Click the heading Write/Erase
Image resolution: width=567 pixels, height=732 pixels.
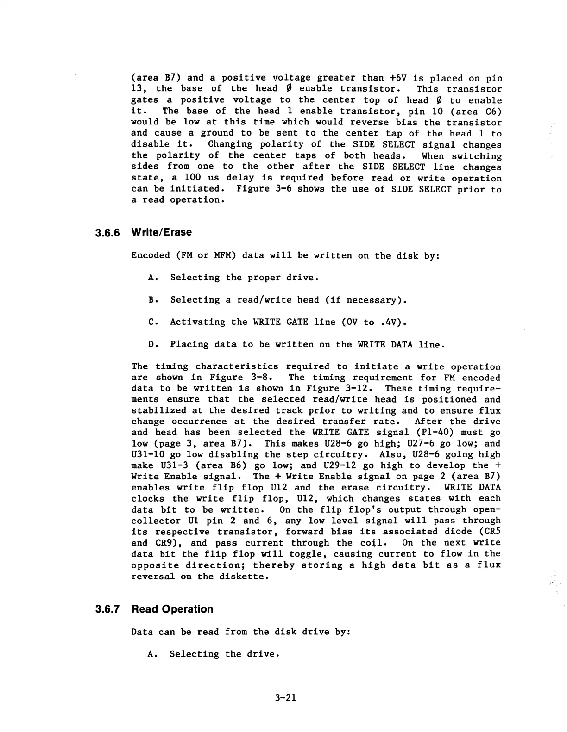click(x=161, y=232)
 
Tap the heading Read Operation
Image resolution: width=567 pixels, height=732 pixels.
click(x=172, y=609)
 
